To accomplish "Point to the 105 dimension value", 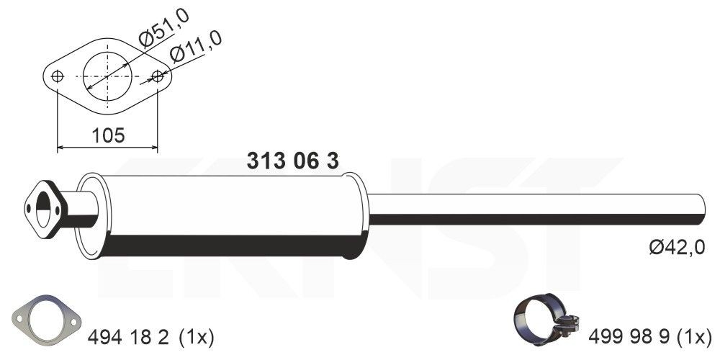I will pyautogui.click(x=107, y=135).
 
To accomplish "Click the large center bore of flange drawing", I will pyautogui.click(x=108, y=75).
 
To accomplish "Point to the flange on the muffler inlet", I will pyautogui.click(x=44, y=209).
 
